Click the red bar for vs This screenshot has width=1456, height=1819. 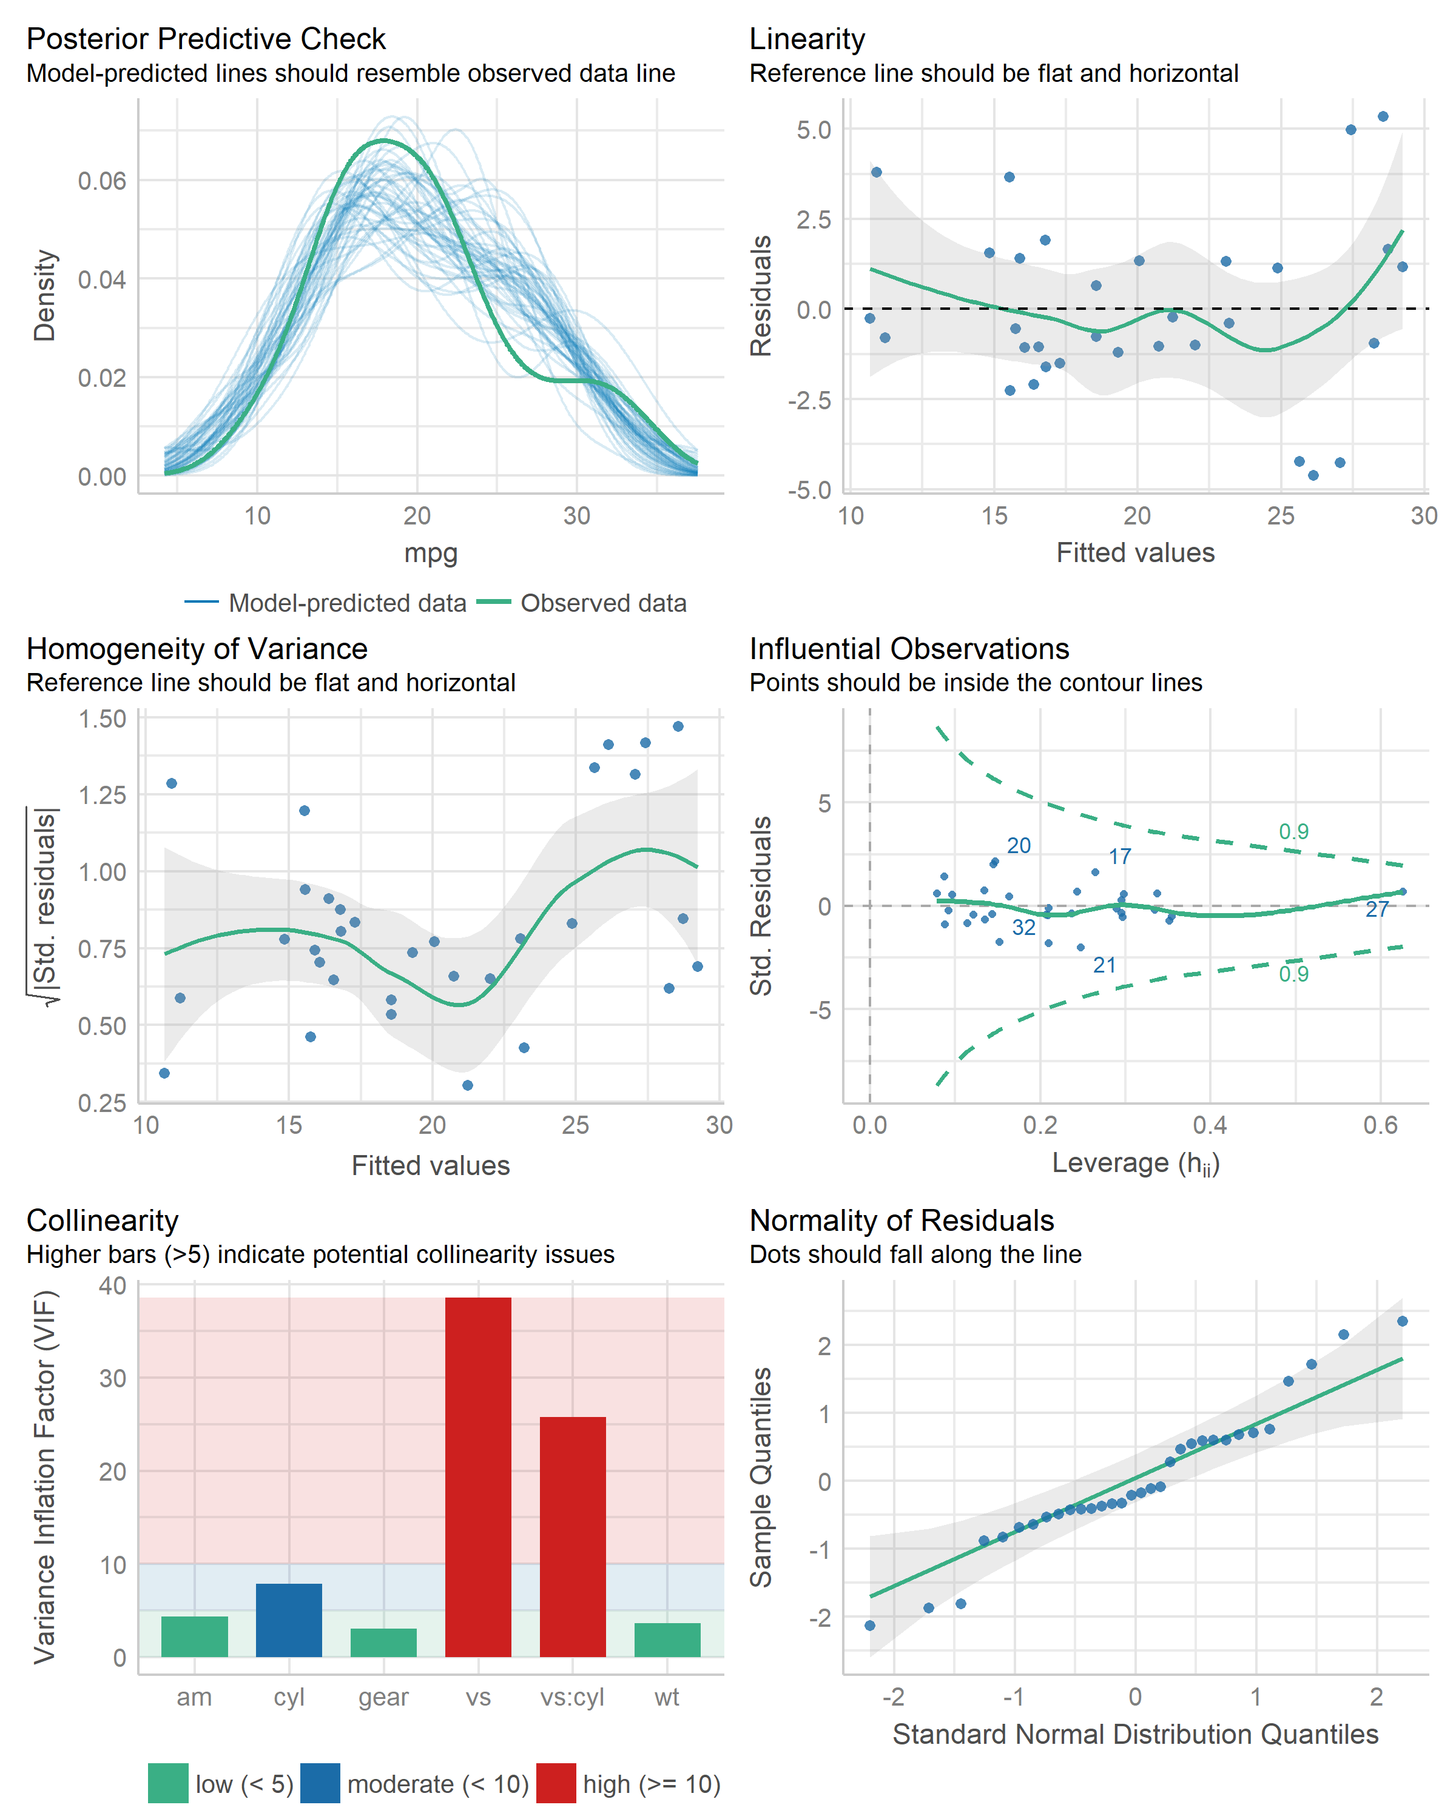(x=477, y=1476)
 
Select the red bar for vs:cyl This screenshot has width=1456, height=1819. (x=572, y=1536)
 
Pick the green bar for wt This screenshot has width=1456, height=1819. (x=667, y=1640)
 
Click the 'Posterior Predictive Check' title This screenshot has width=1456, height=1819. (x=206, y=39)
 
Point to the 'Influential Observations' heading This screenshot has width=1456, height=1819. (x=909, y=648)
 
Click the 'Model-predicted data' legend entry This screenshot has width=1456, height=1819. (x=347, y=603)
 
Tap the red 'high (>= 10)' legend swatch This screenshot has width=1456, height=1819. (x=555, y=1784)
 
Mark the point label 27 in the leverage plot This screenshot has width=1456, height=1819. (x=1377, y=909)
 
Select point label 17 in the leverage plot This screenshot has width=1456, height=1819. (x=1119, y=856)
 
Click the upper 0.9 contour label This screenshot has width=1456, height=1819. (x=1293, y=831)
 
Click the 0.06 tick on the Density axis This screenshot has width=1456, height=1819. (x=101, y=181)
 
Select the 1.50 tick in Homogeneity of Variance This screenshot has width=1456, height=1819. (x=101, y=719)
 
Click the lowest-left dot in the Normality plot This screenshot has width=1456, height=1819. (x=870, y=1625)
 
